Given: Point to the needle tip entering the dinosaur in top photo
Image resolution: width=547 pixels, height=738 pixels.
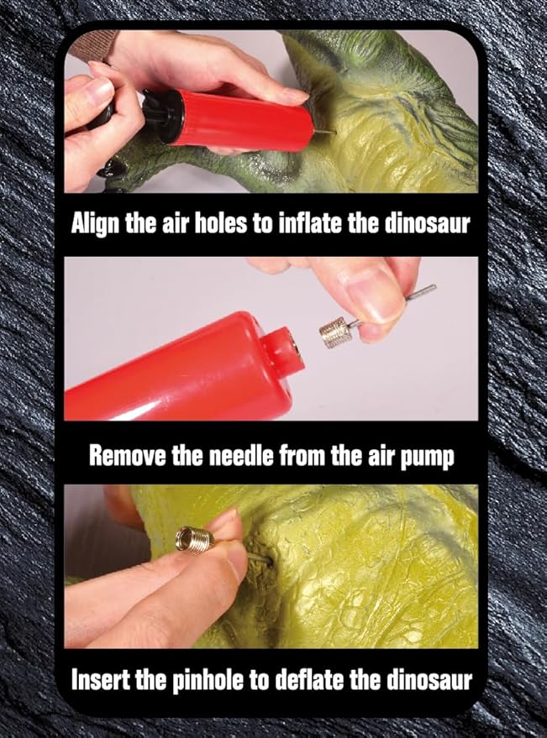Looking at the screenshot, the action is click(x=334, y=133).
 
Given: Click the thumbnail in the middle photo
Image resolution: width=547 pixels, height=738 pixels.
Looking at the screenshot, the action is click(x=371, y=294).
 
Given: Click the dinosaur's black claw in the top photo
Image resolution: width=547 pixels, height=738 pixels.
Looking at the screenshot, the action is click(x=110, y=169).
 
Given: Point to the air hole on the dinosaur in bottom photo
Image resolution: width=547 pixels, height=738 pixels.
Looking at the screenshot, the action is click(x=269, y=561).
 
